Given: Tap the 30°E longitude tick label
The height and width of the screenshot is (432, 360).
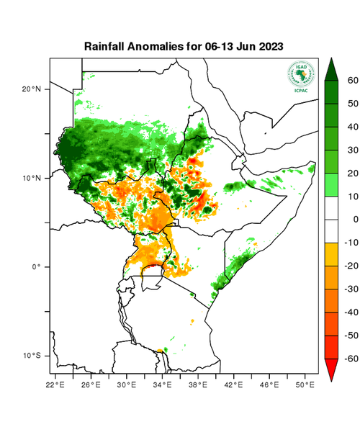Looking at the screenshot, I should (127, 386).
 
